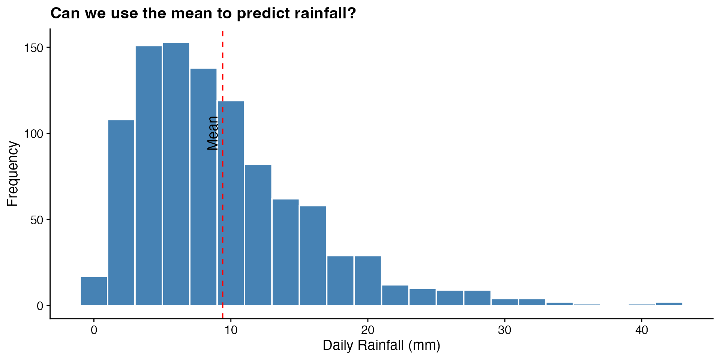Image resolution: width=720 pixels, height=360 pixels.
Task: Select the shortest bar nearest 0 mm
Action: tap(94, 291)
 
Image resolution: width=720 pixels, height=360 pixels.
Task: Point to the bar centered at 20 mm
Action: tap(367, 280)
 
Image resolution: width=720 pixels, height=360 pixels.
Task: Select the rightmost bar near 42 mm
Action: tap(669, 303)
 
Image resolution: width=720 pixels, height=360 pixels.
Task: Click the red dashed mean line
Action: tap(223, 225)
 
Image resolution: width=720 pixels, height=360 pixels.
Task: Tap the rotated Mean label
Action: tap(213, 133)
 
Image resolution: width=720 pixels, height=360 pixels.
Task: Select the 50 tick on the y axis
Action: tap(37, 220)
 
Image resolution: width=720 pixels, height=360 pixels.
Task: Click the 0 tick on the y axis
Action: tap(40, 306)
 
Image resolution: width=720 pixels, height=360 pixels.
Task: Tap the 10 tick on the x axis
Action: tap(231, 330)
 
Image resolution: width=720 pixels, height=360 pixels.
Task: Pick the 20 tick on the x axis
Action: tap(367, 330)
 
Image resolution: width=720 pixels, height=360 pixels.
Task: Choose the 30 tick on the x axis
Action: tap(505, 330)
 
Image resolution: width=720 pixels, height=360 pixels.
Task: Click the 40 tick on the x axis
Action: tap(642, 330)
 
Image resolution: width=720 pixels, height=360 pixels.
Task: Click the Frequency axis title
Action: tap(13, 174)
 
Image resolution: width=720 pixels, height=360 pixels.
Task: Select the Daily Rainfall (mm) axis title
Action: tap(381, 345)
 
